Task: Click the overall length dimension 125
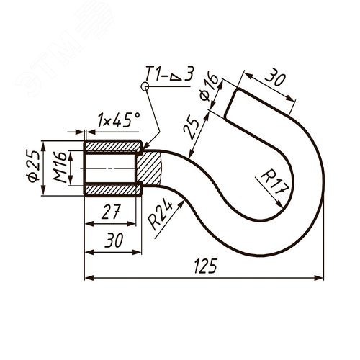[x=205, y=266]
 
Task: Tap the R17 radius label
[x=274, y=182]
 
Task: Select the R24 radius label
[x=160, y=215]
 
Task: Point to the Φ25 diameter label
[x=32, y=166]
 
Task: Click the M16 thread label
[x=60, y=167]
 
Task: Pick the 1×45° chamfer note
[x=118, y=120]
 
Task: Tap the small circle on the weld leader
[x=145, y=86]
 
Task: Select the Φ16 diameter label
[x=210, y=87]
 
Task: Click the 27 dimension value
[x=111, y=212]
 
